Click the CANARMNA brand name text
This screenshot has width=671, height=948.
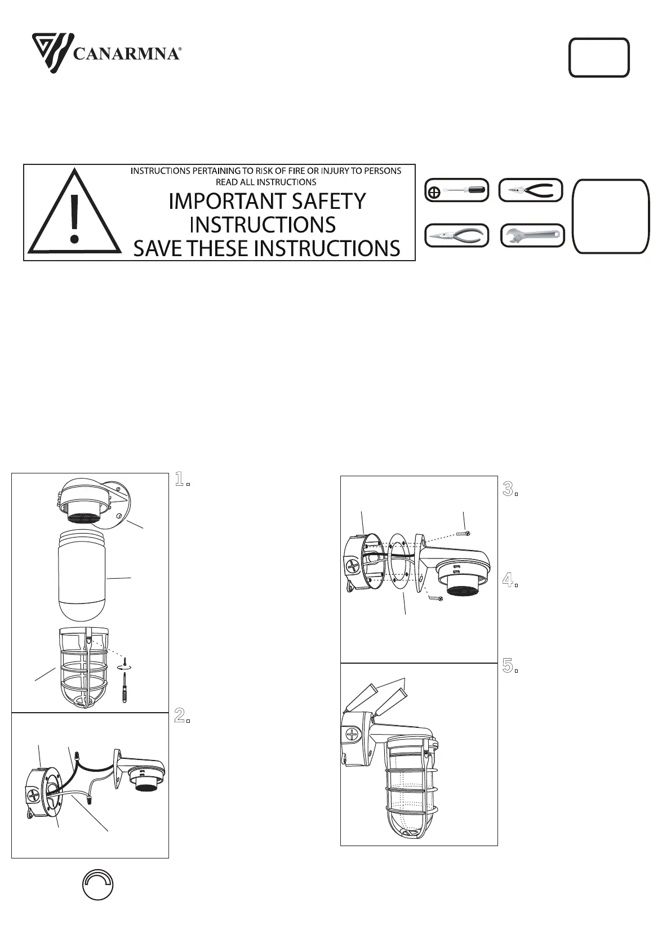pos(127,54)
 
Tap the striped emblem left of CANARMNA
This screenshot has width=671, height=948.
pos(53,53)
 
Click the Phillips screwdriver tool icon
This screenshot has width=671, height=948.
pos(457,190)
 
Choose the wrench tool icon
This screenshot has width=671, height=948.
pos(532,236)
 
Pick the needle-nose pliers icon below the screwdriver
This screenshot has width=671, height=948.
pos(457,236)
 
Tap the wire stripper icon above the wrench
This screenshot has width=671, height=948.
pos(531,190)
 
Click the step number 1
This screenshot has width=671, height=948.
pos(182,479)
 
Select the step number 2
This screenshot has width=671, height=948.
pos(182,716)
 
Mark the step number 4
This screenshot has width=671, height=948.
pos(510,580)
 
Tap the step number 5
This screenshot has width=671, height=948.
pos(510,666)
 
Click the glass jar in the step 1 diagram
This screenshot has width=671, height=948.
pos(81,575)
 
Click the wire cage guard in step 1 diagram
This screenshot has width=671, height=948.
pos(84,668)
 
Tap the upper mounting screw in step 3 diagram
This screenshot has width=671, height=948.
pos(464,534)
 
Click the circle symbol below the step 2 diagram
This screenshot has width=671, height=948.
pos(98,884)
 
